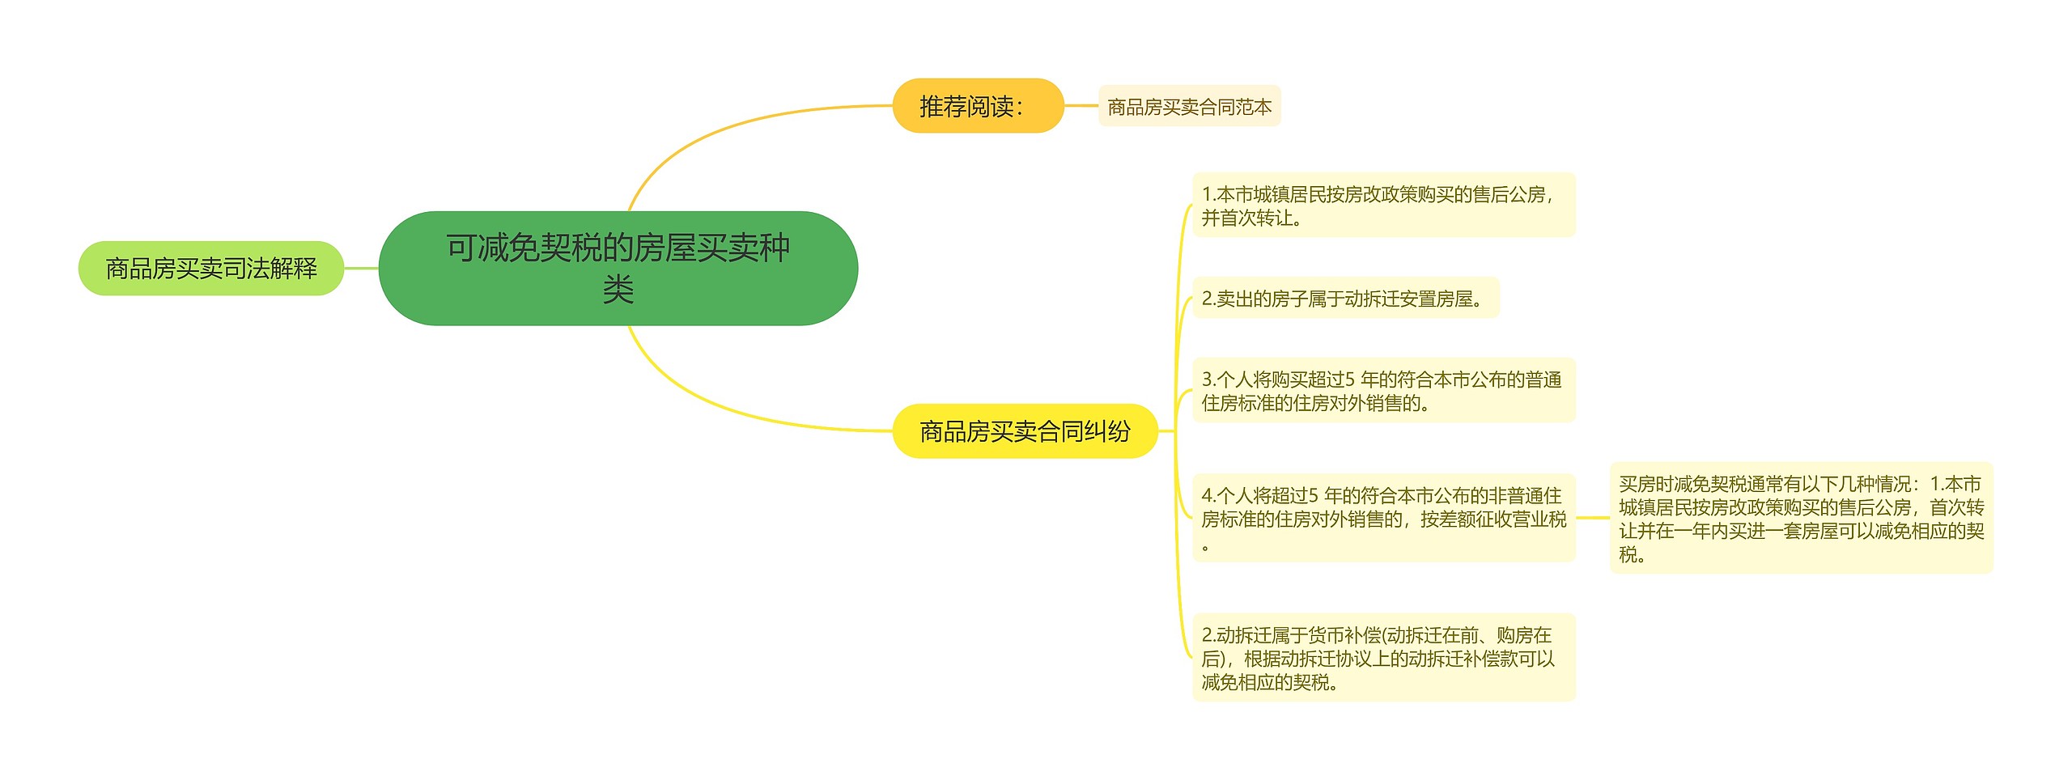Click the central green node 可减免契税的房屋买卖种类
[618, 269]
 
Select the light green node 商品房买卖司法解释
[211, 268]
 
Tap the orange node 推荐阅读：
[978, 105]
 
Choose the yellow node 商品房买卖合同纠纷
[1025, 430]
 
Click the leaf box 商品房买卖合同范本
[1189, 106]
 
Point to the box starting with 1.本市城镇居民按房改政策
[1384, 206]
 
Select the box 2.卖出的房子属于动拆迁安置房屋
[1346, 298]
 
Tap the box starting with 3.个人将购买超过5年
[1384, 390]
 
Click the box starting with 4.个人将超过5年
[1384, 518]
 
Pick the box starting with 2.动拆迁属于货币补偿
[1384, 657]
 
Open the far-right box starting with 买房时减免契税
[1802, 518]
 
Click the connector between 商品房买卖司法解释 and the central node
[362, 268]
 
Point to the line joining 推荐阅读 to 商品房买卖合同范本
[1081, 105]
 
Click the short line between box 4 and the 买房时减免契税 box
[1593, 518]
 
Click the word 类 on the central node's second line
[618, 289]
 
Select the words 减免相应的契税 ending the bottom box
[1266, 682]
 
